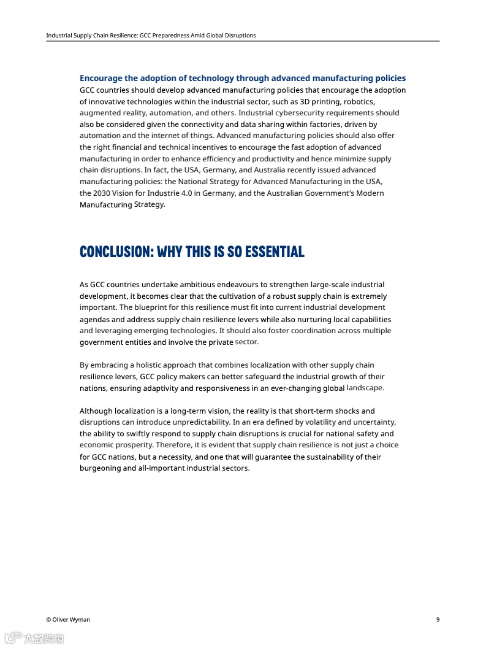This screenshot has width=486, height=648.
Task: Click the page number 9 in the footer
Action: click(x=438, y=619)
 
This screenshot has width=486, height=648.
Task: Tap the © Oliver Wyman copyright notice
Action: click(x=68, y=619)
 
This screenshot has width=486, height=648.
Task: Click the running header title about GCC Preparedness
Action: click(x=151, y=36)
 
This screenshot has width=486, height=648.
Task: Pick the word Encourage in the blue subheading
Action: click(x=101, y=79)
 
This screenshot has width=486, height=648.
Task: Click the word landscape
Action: click(x=365, y=388)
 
